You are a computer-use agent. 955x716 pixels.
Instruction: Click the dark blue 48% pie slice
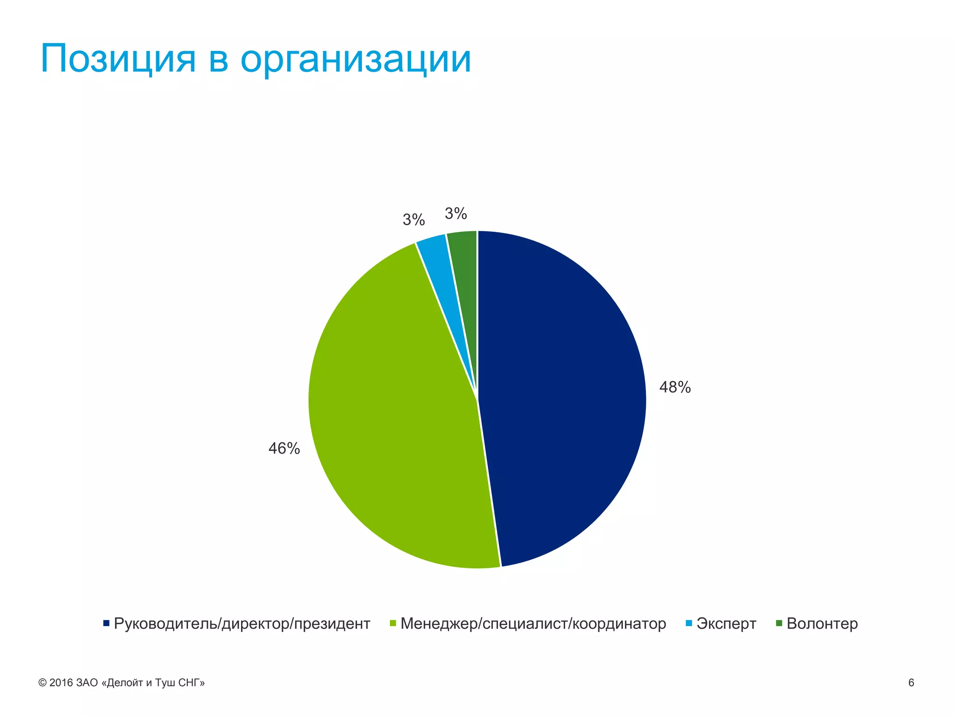[x=560, y=396]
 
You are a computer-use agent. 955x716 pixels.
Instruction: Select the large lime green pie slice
[x=396, y=420]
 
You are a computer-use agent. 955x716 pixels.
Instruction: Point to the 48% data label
[x=675, y=387]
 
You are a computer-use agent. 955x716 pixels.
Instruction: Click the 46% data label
[x=284, y=448]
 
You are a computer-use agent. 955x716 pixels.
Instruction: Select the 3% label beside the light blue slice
[x=414, y=220]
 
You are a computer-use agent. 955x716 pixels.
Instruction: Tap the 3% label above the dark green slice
[x=456, y=213]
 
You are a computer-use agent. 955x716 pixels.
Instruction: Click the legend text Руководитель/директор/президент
[x=242, y=624]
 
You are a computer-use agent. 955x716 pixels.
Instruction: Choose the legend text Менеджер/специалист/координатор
[x=533, y=624]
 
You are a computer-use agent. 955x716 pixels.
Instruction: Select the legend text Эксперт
[x=726, y=624]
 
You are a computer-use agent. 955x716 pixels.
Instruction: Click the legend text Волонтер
[x=822, y=624]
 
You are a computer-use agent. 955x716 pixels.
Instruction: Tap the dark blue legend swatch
[x=106, y=623]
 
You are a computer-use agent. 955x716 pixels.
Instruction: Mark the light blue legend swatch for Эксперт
[x=689, y=623]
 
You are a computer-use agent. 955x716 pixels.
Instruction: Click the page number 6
[x=911, y=683]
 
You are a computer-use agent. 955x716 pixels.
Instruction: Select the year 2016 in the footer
[x=61, y=683]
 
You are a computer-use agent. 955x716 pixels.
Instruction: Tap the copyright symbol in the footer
[x=42, y=683]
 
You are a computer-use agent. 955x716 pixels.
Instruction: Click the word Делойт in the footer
[x=125, y=683]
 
